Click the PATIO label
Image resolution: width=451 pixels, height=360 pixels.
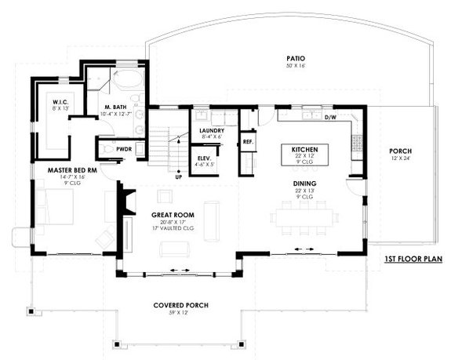point(295,59)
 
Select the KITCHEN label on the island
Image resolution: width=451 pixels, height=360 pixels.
point(304,149)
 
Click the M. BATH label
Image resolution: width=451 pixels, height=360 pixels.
point(118,107)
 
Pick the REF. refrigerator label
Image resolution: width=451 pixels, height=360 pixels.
point(247,142)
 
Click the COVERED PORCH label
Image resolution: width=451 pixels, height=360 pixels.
point(179,306)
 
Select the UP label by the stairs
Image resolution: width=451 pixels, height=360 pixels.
point(178,177)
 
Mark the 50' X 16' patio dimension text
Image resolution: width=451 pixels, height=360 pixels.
point(295,67)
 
